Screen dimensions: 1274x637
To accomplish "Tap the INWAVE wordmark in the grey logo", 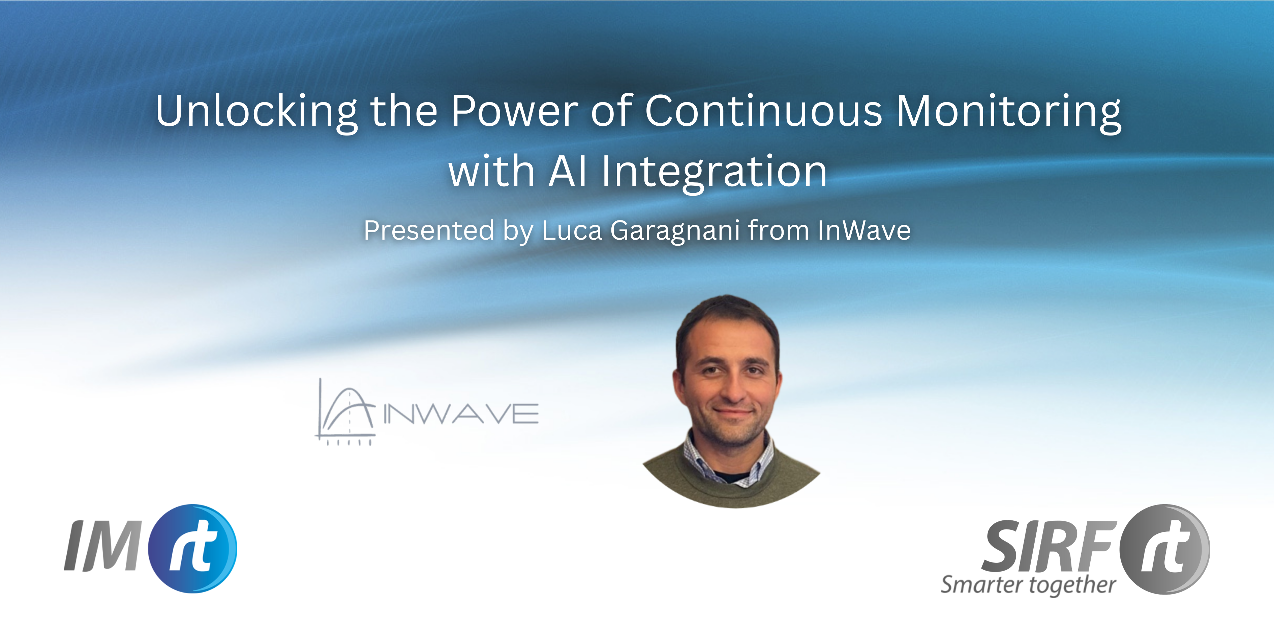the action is coord(461,414).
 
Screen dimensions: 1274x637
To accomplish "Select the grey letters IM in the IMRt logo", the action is coord(102,546).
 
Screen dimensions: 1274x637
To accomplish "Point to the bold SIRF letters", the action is coord(1049,546).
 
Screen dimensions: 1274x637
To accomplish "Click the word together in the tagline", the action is coord(1072,586).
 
